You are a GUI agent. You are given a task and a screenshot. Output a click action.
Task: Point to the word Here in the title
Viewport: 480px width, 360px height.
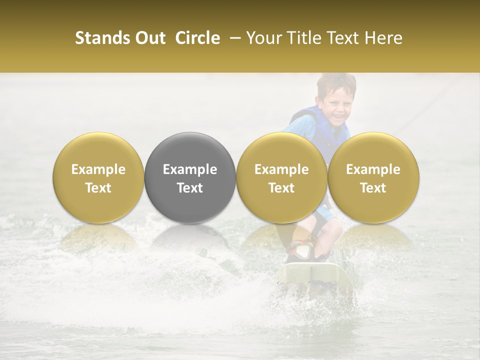(x=384, y=38)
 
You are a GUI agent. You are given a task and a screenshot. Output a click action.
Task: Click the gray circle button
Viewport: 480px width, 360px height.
(x=190, y=178)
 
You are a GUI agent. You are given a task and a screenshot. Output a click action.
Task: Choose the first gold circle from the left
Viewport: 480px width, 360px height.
(x=98, y=178)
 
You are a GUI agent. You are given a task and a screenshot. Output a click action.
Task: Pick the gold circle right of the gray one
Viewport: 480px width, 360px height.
(x=281, y=178)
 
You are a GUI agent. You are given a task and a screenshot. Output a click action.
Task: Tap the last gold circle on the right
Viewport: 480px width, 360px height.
(x=373, y=178)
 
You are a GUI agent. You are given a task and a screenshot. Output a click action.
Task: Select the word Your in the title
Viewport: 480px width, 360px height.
(x=263, y=38)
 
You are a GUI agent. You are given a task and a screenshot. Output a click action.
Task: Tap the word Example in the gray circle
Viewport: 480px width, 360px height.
(x=190, y=169)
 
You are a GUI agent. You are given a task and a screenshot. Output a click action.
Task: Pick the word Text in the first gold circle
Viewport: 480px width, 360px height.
(x=98, y=188)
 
